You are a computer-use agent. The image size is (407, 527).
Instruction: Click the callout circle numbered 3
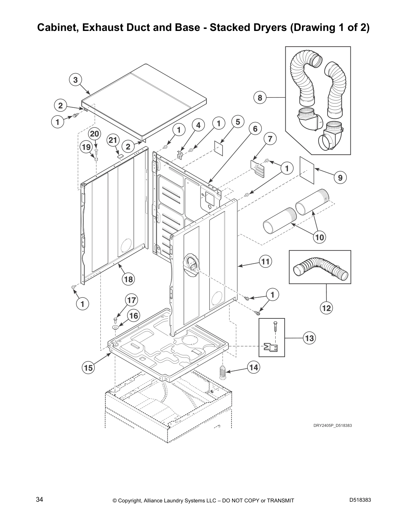tap(75, 80)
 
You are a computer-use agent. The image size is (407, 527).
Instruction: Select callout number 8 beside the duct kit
tap(260, 98)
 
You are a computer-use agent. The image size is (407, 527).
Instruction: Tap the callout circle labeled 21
tap(113, 140)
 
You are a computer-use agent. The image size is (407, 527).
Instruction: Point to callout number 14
tap(254, 367)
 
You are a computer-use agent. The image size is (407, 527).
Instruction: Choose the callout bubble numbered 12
tap(326, 308)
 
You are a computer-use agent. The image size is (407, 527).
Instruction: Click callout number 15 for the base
tap(88, 368)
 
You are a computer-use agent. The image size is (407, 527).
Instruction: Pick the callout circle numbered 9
tap(340, 178)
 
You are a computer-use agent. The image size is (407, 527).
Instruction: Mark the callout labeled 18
tap(128, 279)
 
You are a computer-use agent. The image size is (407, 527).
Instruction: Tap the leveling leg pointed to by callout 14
tap(222, 372)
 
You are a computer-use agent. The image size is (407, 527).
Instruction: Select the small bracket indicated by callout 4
tap(180, 154)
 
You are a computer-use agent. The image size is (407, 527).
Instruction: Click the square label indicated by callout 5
tap(219, 148)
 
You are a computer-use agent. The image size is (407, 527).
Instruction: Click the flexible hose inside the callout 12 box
tap(321, 268)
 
